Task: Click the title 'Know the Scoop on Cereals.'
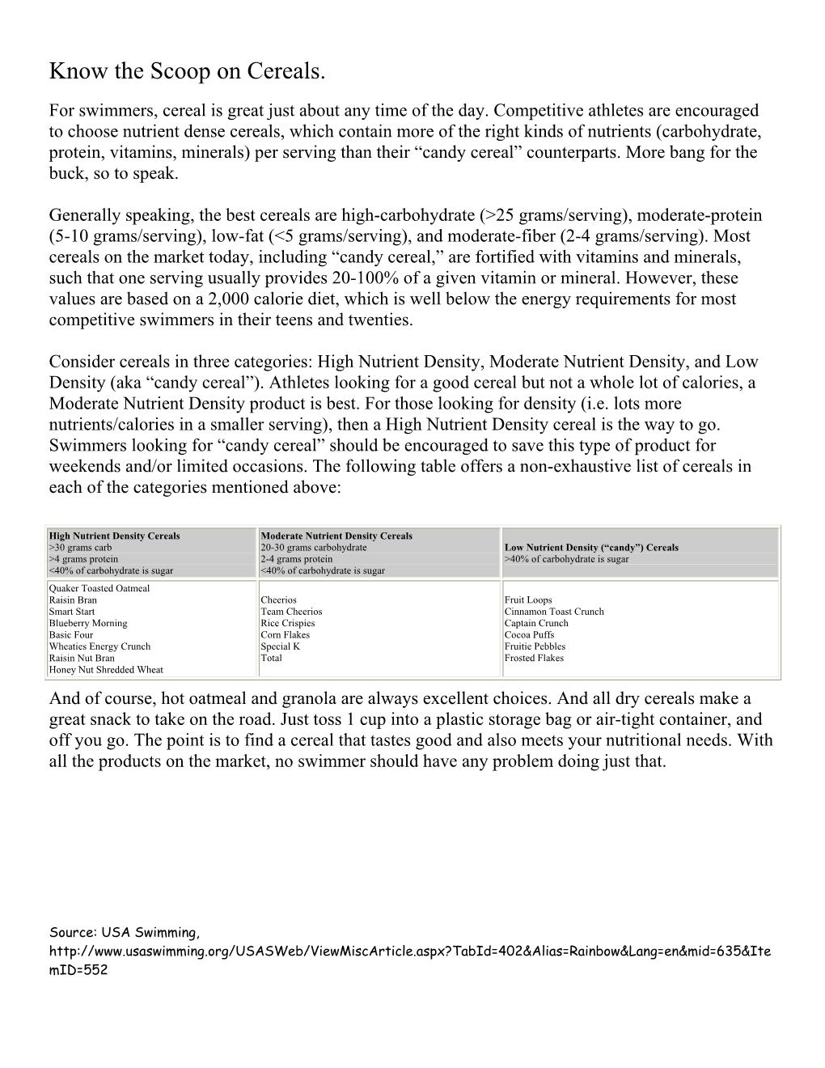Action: (x=187, y=72)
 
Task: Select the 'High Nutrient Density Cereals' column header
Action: (x=114, y=536)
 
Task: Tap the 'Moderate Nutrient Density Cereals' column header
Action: (x=336, y=536)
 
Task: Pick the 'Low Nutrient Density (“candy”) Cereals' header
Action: (x=591, y=548)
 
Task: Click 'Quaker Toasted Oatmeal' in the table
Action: (x=99, y=588)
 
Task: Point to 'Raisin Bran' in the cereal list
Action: (x=73, y=600)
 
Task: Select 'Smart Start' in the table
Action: (x=72, y=612)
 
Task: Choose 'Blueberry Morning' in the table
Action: (x=87, y=623)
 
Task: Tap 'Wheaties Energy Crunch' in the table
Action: (x=99, y=646)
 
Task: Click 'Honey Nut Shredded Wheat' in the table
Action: (x=105, y=670)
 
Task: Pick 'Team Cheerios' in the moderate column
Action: (x=291, y=612)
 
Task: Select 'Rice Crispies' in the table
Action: (x=287, y=623)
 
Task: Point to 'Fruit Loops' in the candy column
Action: (x=528, y=600)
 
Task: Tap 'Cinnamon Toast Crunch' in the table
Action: (x=554, y=612)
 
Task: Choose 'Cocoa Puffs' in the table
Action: (x=529, y=635)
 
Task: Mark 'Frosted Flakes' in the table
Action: (x=534, y=658)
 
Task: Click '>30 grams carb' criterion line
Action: (x=80, y=548)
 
